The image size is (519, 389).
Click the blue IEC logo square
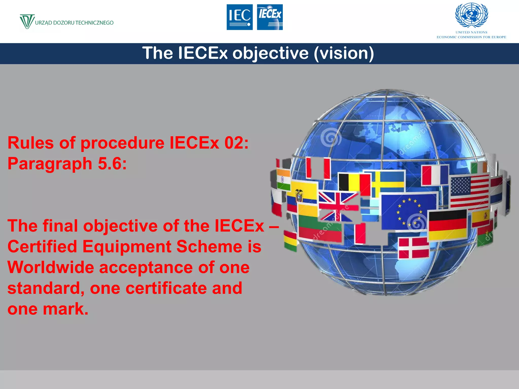pos(239,17)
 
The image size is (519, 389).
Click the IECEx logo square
pos(270,17)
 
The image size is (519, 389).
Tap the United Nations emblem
pos(471,15)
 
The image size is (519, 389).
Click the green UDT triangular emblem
pos(27,21)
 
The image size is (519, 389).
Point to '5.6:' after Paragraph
pos(112,164)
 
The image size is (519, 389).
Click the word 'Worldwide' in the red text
pos(51,267)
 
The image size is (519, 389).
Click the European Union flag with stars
pos(408,211)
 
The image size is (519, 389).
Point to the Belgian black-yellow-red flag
pos(354,182)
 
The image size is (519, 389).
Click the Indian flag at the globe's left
pos(283,179)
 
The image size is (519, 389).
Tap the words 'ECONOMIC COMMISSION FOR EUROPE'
pos(471,37)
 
